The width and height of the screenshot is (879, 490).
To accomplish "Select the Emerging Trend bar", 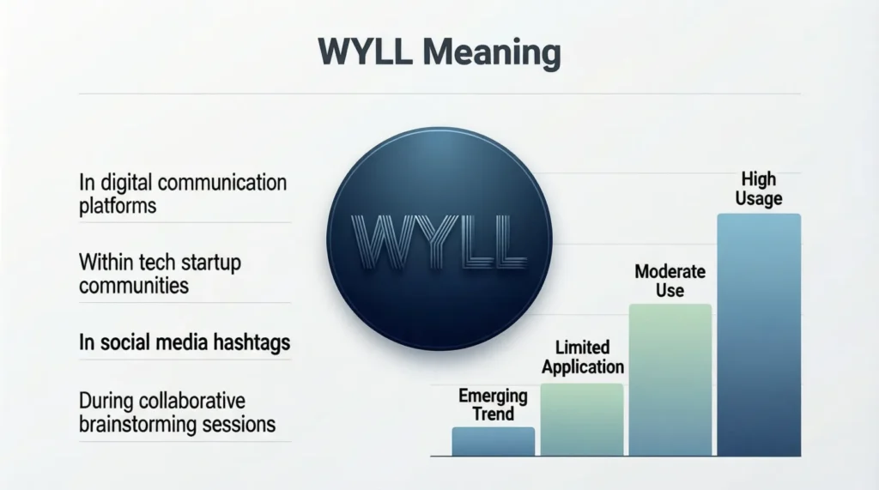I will point(493,441).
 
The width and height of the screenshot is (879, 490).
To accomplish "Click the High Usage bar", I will point(759,334).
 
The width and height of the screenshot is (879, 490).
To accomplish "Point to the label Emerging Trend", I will point(493,405).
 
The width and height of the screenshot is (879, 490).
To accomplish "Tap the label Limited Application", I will point(583,357).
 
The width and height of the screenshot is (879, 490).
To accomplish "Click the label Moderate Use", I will point(670,281).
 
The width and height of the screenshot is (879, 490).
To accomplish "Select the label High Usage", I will point(759,189).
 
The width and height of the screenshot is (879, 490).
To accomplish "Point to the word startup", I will point(207,262).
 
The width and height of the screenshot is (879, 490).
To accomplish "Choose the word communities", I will point(133,285).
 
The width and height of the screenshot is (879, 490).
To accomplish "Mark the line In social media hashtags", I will point(185,343).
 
